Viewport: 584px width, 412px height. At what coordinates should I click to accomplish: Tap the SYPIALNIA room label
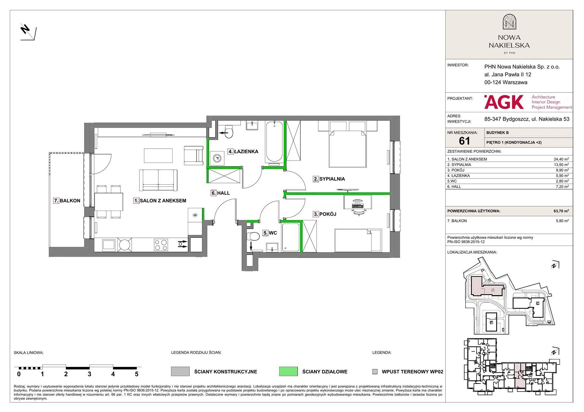pyautogui.click(x=329, y=179)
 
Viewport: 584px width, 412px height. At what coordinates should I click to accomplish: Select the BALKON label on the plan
pyautogui.click(x=67, y=201)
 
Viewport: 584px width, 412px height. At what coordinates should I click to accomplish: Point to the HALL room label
pyautogui.click(x=220, y=193)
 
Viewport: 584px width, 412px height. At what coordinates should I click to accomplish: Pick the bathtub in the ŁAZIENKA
pyautogui.click(x=274, y=142)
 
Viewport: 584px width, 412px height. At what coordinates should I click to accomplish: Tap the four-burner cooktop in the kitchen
pyautogui.click(x=161, y=245)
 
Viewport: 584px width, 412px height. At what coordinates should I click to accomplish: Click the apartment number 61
pyautogui.click(x=465, y=140)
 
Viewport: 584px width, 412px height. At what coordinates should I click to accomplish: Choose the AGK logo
pyautogui.click(x=504, y=102)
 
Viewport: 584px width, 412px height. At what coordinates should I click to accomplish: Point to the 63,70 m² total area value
pyautogui.click(x=561, y=211)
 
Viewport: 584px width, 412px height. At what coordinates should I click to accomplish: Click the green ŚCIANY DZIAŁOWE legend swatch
pyautogui.click(x=288, y=371)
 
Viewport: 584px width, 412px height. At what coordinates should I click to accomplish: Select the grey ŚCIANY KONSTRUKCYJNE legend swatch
pyautogui.click(x=180, y=371)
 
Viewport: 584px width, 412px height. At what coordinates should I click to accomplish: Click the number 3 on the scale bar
pyautogui.click(x=90, y=374)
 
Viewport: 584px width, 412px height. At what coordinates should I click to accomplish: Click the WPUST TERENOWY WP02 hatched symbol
pyautogui.click(x=375, y=372)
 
